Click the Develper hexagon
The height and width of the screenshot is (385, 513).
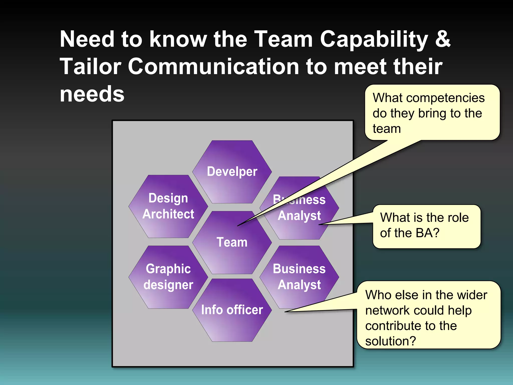coord(232,172)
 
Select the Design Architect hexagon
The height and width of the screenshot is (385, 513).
coord(168,206)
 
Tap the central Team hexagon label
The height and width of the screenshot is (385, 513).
coord(232,242)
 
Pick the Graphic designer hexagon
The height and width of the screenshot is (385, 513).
coord(168,277)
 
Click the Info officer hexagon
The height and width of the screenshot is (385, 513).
coord(232,310)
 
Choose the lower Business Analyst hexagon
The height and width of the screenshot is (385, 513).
coord(299,277)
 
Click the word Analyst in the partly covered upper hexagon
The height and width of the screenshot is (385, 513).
coord(299,216)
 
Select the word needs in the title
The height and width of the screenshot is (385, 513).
coord(92,94)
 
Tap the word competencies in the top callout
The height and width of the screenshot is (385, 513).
coord(445,98)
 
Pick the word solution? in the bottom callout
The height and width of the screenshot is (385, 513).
coord(391,341)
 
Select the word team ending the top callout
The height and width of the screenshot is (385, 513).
coord(387,129)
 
